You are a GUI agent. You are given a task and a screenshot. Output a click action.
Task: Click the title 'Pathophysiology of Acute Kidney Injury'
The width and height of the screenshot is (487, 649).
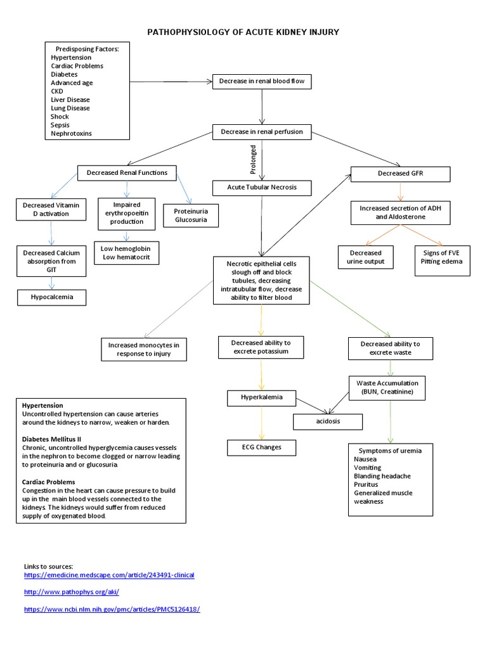click(x=243, y=32)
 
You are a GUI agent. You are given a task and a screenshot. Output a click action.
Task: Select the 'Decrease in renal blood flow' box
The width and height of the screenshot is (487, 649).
click(x=261, y=82)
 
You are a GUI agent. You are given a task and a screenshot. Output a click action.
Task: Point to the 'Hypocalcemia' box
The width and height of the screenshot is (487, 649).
click(x=50, y=296)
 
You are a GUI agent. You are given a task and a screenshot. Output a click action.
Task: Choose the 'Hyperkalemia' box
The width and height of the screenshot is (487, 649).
click(x=262, y=398)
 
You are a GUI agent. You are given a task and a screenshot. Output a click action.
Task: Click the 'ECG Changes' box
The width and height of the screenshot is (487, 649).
click(x=262, y=447)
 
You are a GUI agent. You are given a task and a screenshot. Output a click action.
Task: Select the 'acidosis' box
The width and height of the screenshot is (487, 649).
click(x=328, y=421)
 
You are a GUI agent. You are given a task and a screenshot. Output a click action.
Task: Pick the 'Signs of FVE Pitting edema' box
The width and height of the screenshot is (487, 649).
click(x=442, y=257)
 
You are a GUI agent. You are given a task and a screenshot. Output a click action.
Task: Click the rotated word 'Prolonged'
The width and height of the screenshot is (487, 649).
click(x=254, y=159)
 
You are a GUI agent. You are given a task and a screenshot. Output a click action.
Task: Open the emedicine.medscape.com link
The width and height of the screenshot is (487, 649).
click(x=108, y=575)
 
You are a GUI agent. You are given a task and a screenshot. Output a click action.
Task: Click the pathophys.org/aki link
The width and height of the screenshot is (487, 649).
click(x=71, y=592)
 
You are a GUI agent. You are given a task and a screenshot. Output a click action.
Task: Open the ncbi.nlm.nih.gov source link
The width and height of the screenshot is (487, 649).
click(x=112, y=609)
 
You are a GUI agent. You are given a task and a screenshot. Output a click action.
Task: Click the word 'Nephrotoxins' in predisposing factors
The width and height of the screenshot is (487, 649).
click(x=71, y=134)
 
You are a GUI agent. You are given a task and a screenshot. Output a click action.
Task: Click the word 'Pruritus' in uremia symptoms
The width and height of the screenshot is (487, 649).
click(x=366, y=484)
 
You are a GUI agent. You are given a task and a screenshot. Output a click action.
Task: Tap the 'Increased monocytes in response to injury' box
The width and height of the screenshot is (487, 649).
click(x=144, y=349)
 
